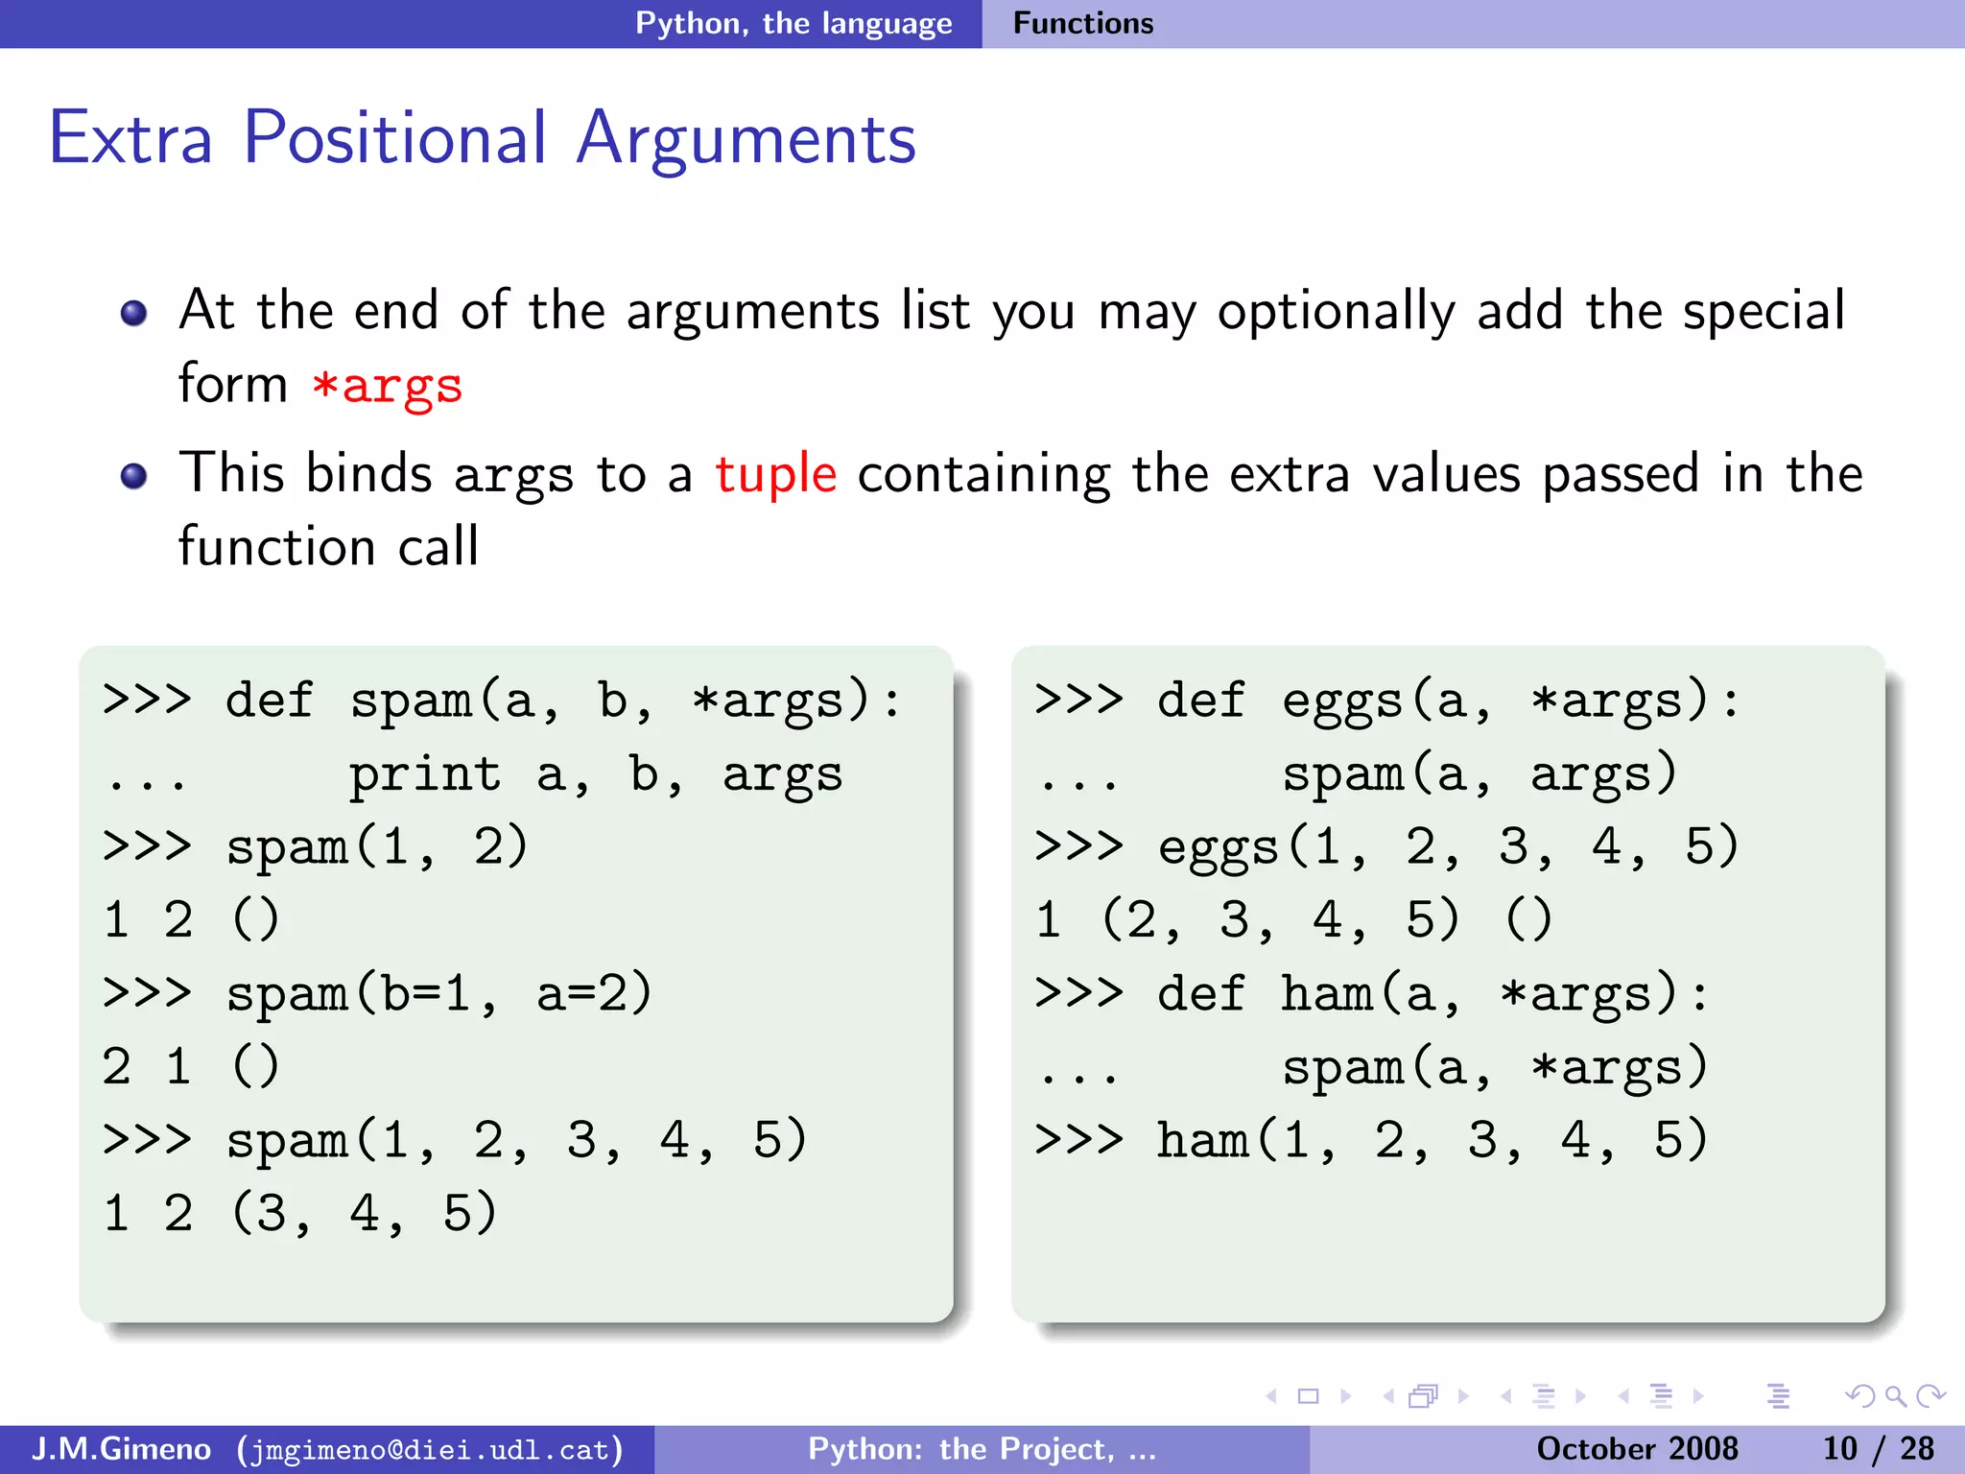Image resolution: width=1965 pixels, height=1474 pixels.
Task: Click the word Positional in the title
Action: (x=394, y=139)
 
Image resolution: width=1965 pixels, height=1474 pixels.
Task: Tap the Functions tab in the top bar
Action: (x=1083, y=23)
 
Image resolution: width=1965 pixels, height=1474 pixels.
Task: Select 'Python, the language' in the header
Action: (x=793, y=23)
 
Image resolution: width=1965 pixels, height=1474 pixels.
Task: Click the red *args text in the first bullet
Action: (x=387, y=386)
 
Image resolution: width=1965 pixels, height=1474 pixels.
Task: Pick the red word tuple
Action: (x=775, y=474)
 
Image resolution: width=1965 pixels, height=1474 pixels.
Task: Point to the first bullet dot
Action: (x=133, y=313)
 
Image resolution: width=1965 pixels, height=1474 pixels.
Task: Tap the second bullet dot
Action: (x=133, y=476)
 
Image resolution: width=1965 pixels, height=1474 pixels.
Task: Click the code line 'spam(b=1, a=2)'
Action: (x=438, y=993)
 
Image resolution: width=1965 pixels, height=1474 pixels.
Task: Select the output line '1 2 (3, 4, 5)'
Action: (x=299, y=1213)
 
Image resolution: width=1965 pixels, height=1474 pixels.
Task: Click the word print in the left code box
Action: (x=424, y=774)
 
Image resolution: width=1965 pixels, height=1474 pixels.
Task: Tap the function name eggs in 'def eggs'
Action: (x=1342, y=701)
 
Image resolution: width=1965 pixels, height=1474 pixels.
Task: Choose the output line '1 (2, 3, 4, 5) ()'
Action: (x=1292, y=919)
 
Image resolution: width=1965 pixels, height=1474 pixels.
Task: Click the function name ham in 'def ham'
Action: (x=1327, y=993)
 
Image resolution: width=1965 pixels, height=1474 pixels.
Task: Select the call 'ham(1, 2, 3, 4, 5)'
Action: (x=1432, y=1140)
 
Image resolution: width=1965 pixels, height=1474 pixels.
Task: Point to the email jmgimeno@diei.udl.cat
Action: (x=430, y=1449)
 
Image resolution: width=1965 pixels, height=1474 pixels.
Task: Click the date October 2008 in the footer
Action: (x=1637, y=1449)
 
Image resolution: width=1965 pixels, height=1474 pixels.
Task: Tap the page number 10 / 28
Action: (x=1878, y=1449)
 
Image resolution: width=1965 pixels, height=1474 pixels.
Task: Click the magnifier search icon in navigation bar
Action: (x=1894, y=1396)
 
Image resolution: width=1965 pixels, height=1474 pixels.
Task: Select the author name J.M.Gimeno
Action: (x=121, y=1449)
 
